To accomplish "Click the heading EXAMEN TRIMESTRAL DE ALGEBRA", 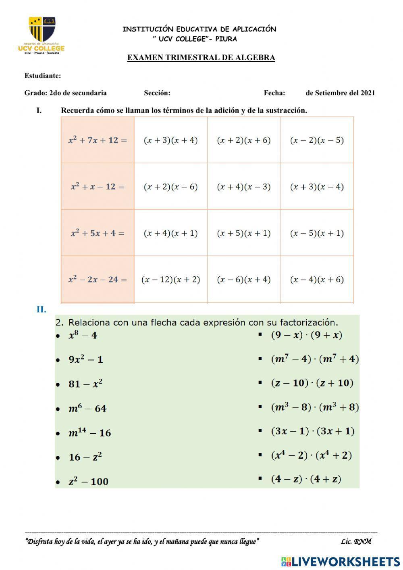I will [x=201, y=57].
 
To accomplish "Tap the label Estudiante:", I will [x=43, y=75].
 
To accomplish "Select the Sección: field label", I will [x=157, y=93].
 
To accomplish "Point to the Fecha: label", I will [x=274, y=93].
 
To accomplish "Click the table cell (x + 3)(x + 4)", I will [x=170, y=140].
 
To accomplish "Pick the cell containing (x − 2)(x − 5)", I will [x=317, y=140].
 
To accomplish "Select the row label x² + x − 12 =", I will [x=98, y=186].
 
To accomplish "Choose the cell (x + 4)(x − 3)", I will [x=243, y=187].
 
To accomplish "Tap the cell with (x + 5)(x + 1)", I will [x=243, y=233].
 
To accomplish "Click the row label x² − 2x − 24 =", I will [x=98, y=279].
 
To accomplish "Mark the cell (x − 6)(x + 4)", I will [x=243, y=280].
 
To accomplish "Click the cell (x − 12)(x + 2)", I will [x=170, y=280].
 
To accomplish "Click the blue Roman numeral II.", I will [x=41, y=309].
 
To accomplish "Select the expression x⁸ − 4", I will [x=83, y=335].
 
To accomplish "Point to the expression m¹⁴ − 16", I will [x=89, y=433].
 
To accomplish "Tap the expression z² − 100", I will [x=88, y=481].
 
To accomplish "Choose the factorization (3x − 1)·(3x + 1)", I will [x=312, y=431].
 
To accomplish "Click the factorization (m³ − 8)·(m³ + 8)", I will [x=315, y=407].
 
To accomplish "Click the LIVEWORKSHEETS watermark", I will [x=341, y=561].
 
